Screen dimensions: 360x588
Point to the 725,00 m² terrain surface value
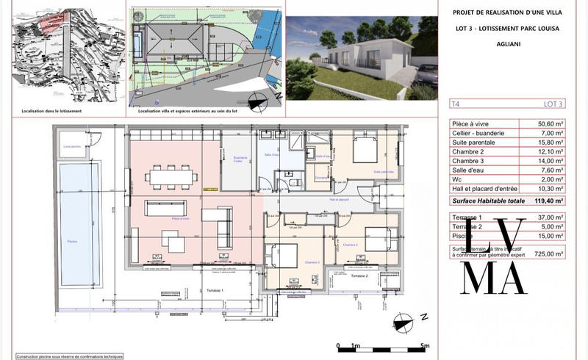click(551, 253)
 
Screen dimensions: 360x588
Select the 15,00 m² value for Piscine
click(553, 237)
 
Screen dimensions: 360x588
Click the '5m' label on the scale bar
click(424, 345)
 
